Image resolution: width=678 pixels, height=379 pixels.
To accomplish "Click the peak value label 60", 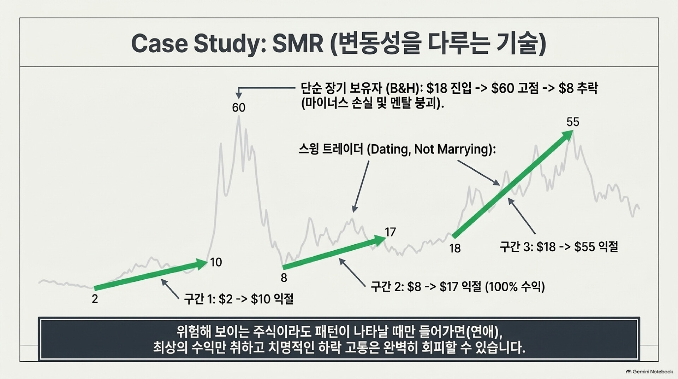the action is (x=239, y=107).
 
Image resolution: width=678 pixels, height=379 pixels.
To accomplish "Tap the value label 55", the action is (x=573, y=122).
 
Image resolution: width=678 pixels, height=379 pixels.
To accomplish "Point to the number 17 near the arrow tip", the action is (x=390, y=232).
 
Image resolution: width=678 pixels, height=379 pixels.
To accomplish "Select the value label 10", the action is (x=216, y=262).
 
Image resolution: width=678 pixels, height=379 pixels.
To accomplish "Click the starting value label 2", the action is (x=95, y=299).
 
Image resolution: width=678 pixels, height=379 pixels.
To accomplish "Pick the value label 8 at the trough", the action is (x=284, y=278).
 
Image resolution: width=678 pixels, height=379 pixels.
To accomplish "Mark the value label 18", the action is (x=455, y=249).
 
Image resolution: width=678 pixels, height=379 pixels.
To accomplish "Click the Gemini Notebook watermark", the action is (x=649, y=372).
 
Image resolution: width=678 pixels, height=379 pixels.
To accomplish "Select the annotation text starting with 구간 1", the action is (x=239, y=299).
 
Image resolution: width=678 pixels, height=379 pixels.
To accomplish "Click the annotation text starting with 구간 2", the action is (x=458, y=286).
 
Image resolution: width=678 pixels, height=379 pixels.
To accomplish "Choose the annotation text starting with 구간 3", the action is (x=559, y=247).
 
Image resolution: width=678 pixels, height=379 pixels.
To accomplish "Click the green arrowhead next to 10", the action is (x=201, y=264).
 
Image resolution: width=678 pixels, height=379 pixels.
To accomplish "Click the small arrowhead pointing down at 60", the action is (x=239, y=95).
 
